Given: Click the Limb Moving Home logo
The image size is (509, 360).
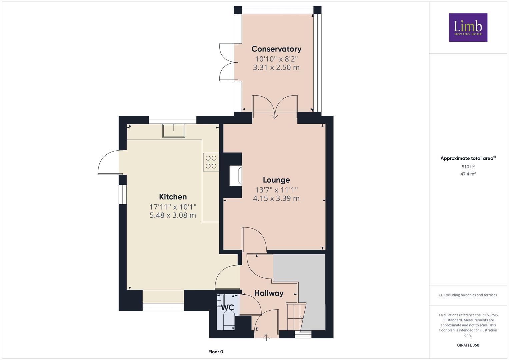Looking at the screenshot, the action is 468,27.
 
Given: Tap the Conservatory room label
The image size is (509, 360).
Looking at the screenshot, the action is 276,49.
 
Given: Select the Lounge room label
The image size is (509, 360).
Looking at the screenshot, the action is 276,180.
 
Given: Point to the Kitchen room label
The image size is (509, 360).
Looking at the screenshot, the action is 173,197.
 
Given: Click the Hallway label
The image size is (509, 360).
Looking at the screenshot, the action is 269,293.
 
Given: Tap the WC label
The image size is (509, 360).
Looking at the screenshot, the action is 227,307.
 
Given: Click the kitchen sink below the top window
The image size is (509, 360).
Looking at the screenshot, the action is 174,131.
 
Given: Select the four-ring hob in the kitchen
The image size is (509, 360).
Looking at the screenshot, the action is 211,162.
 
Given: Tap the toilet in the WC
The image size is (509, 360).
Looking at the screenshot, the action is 229,320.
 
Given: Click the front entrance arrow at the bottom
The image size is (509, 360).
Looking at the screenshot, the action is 266,338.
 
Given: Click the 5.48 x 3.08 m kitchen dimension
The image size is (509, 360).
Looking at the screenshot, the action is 173,215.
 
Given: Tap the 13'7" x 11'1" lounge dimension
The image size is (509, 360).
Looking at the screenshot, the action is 276,190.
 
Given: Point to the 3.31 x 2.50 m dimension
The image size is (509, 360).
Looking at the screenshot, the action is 276,67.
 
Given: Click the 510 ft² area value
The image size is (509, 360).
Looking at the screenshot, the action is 468,167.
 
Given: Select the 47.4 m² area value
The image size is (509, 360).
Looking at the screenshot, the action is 468,174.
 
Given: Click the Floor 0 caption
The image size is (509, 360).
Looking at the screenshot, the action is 216,352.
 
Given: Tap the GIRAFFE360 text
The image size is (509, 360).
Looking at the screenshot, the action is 468,345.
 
